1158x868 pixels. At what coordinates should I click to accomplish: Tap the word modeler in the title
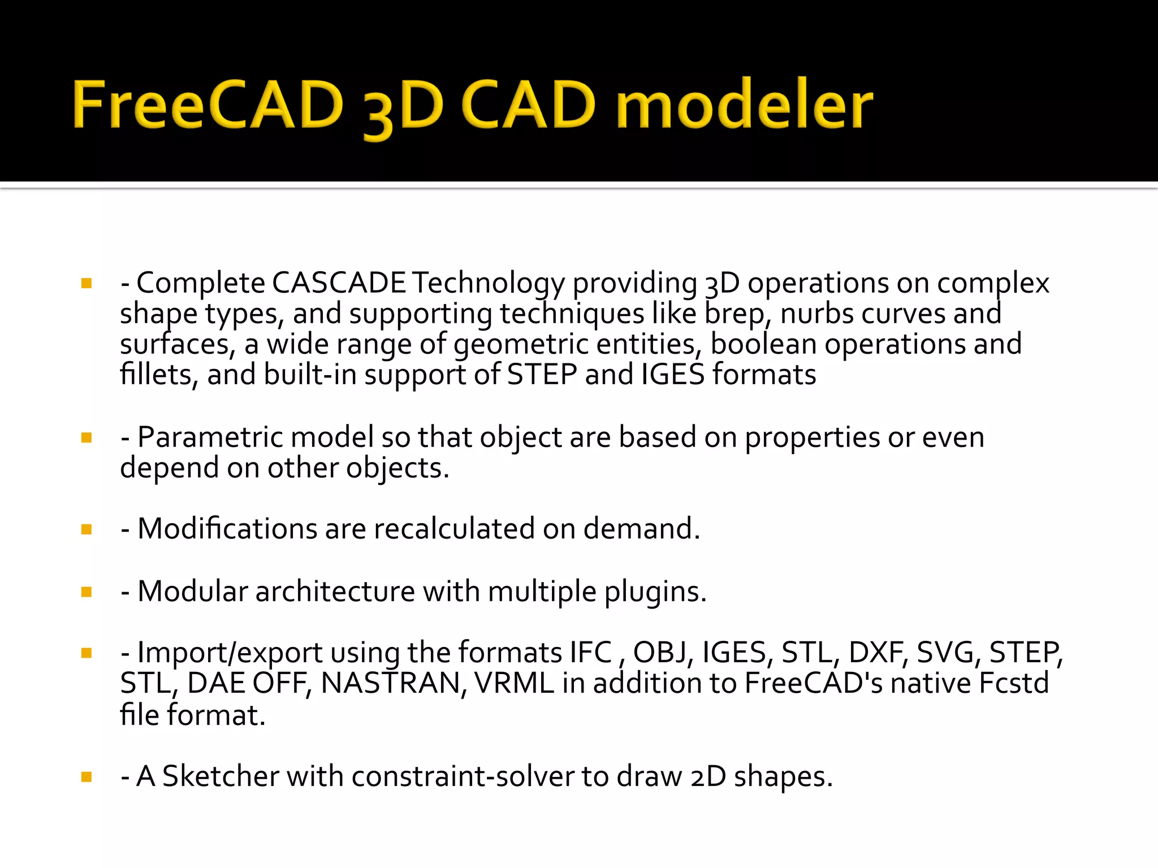744,105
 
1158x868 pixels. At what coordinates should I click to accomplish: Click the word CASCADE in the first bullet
339,283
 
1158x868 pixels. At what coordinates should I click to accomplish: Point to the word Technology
488,284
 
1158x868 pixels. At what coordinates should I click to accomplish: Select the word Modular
192,592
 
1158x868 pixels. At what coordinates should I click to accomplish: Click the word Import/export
230,653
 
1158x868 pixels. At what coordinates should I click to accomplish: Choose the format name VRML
514,684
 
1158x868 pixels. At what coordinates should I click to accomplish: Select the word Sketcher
221,776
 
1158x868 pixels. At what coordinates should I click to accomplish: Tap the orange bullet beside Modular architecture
87,592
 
